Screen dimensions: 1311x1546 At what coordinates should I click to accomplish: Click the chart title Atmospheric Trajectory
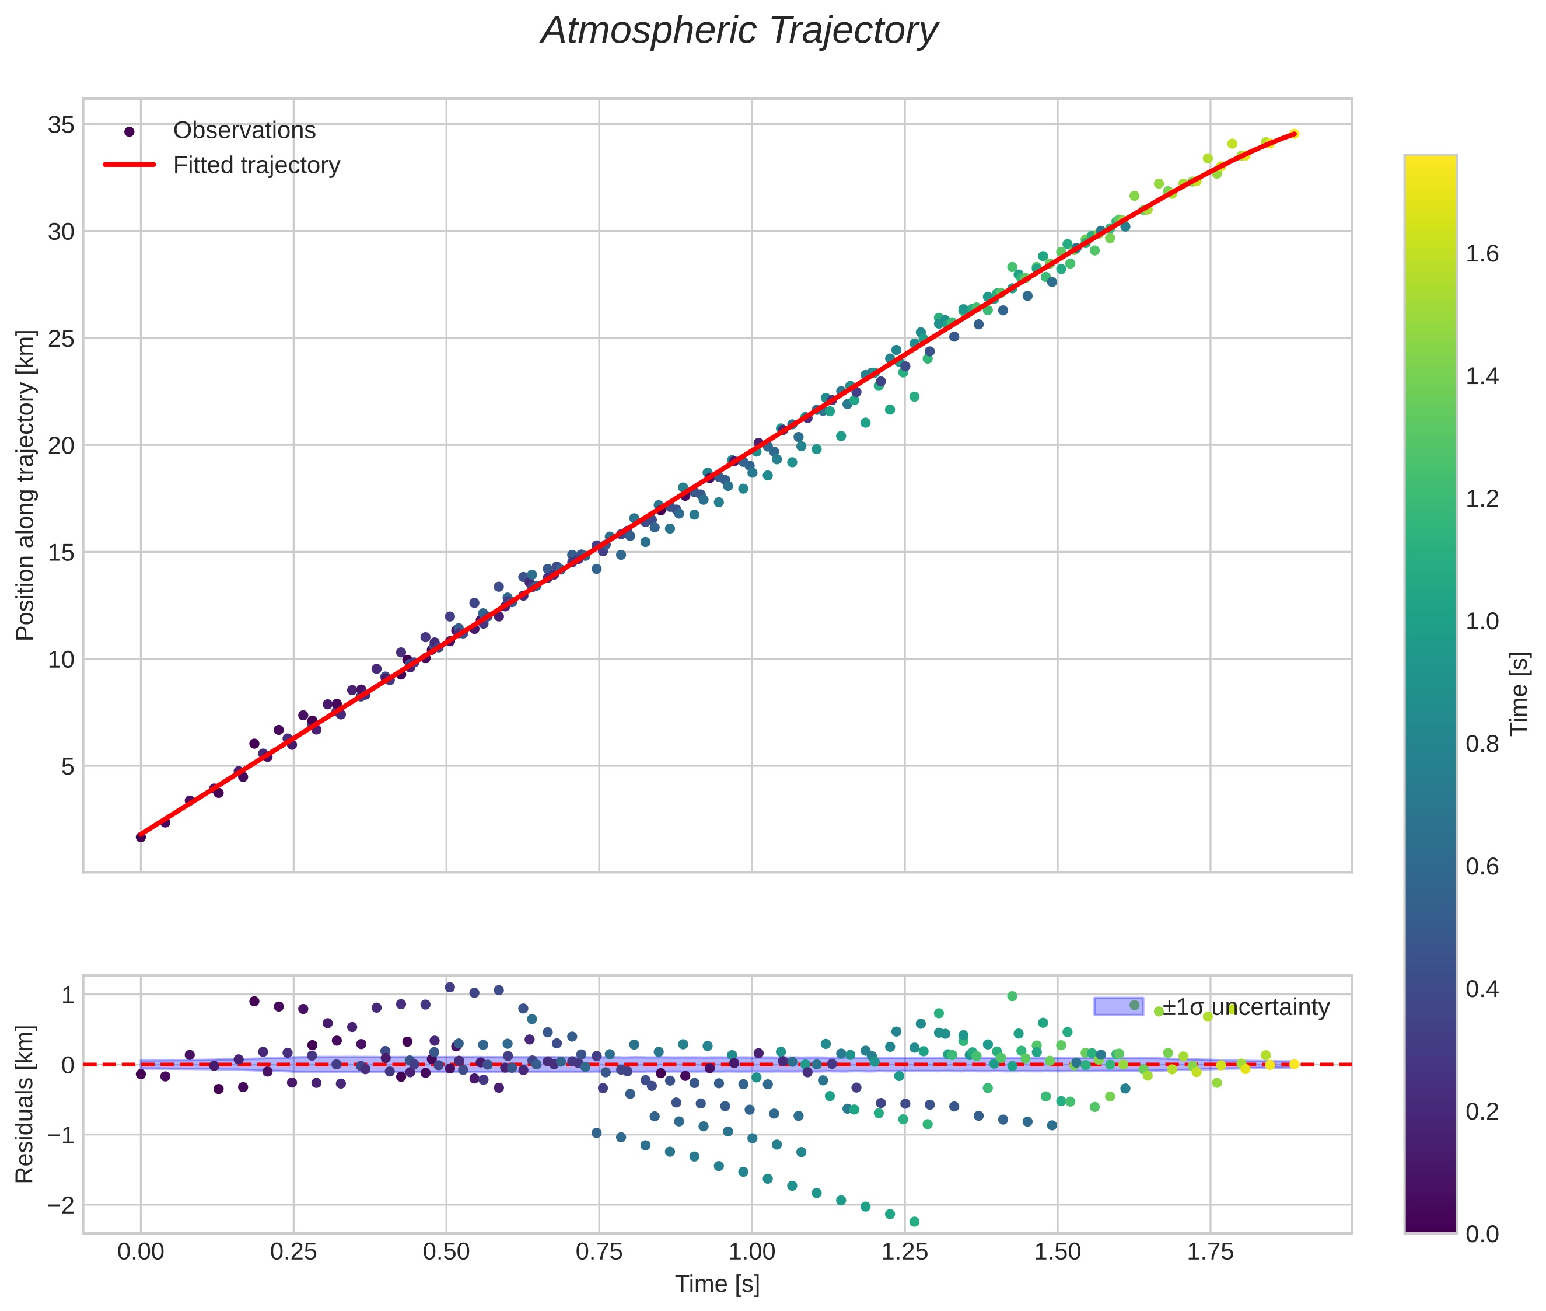click(739, 31)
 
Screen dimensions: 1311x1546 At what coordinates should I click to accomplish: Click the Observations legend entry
click(244, 131)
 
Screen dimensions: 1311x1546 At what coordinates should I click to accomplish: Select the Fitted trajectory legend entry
click(256, 165)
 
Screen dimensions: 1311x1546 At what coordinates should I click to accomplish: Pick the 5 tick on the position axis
click(68, 766)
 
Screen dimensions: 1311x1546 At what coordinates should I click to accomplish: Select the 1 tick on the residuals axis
click(68, 995)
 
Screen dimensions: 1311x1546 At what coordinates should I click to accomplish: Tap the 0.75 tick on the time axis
click(599, 1251)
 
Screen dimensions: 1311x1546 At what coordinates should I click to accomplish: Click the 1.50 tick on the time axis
click(1057, 1251)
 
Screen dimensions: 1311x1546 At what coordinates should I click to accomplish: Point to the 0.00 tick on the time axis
click(141, 1251)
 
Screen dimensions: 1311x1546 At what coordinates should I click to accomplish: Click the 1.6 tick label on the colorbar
click(1481, 254)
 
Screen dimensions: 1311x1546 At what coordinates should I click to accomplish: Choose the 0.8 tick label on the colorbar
click(1481, 744)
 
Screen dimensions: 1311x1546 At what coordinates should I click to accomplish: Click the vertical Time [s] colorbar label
click(1520, 693)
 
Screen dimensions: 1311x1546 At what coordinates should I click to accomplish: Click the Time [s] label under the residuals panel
click(717, 1284)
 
